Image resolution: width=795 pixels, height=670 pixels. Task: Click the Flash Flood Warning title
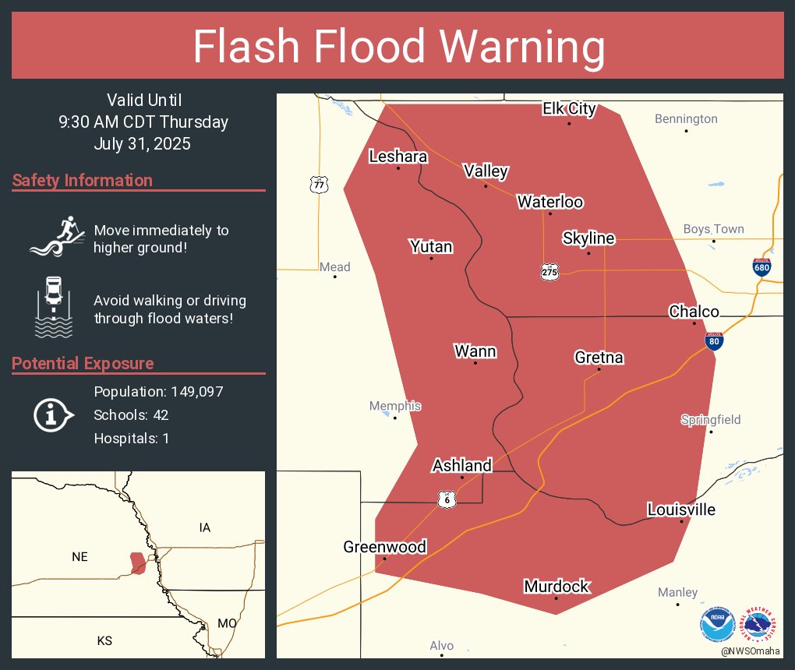[398, 47]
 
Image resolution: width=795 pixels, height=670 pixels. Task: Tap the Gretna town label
[599, 358]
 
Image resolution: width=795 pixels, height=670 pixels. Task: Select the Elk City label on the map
[569, 109]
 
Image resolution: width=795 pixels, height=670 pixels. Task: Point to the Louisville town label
[681, 510]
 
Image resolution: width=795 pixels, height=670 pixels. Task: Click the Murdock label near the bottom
[556, 587]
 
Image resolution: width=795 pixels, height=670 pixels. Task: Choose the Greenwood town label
[384, 547]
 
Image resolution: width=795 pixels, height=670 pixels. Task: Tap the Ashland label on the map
[462, 466]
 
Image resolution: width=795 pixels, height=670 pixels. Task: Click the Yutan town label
[431, 247]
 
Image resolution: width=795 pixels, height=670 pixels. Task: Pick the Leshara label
[397, 157]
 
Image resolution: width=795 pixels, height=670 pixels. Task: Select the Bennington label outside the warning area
[686, 119]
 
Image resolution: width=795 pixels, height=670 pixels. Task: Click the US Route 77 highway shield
[319, 185]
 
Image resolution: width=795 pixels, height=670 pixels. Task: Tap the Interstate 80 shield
[715, 340]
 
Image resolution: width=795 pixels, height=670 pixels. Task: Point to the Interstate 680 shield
[762, 267]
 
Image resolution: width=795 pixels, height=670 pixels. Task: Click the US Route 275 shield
[549, 271]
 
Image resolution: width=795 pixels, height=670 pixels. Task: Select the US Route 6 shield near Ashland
[446, 499]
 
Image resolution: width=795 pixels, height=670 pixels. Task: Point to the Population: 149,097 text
[158, 392]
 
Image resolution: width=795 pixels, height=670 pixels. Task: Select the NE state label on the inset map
[79, 556]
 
